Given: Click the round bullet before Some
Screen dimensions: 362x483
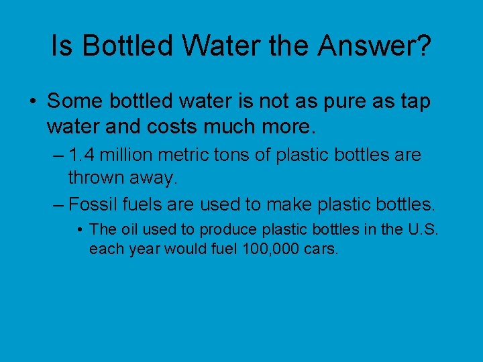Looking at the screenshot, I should [x=33, y=102].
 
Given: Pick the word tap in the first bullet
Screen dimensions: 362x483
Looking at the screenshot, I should [x=414, y=101].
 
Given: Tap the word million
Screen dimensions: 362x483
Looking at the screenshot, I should [x=131, y=156].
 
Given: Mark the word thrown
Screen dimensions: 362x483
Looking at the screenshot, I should [x=92, y=178].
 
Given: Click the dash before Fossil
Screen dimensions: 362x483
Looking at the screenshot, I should [x=58, y=203].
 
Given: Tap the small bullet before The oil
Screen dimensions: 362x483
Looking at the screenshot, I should [x=80, y=230].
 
